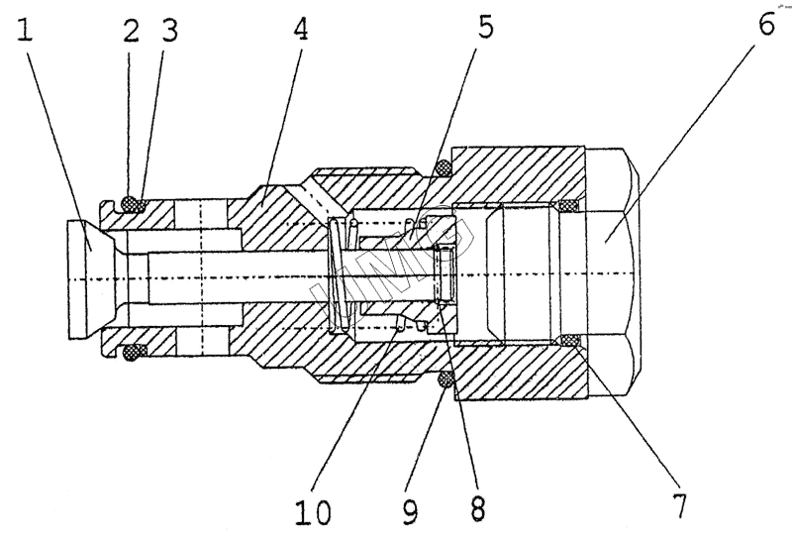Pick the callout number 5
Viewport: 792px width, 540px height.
tap(484, 27)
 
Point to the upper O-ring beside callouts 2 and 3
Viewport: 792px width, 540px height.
tap(130, 206)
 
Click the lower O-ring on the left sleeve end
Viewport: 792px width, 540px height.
tap(130, 351)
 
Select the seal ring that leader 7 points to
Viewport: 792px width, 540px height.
tap(567, 342)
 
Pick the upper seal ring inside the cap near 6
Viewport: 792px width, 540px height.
tap(567, 207)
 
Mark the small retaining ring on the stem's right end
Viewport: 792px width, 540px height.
tap(447, 276)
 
